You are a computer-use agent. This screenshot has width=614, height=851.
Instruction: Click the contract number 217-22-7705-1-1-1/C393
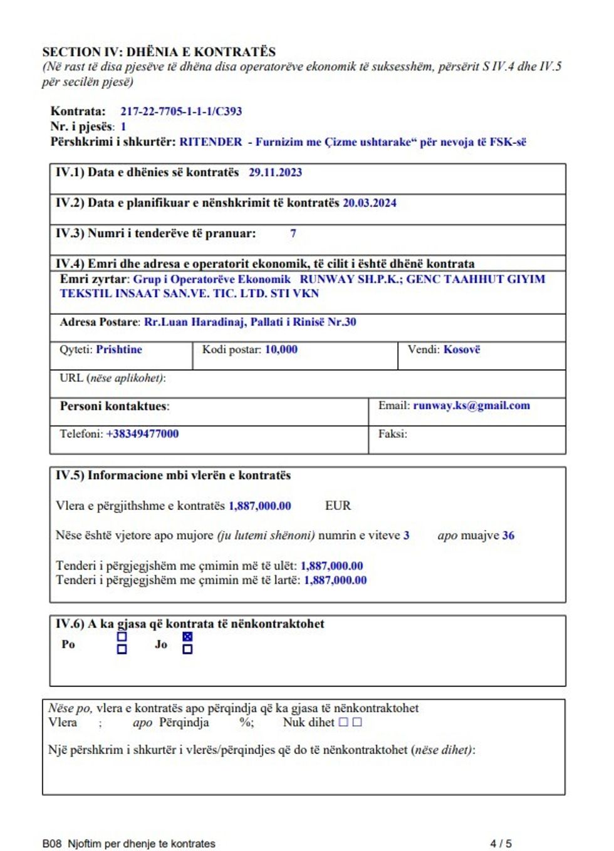[x=181, y=111]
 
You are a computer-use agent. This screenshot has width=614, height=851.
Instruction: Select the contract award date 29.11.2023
[x=275, y=173]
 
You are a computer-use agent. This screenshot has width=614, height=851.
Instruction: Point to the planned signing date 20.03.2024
[x=369, y=203]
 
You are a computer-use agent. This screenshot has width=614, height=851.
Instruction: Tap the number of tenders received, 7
[x=293, y=233]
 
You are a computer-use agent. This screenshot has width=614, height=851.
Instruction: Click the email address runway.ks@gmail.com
[x=471, y=405]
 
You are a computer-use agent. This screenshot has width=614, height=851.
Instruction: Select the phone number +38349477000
[x=142, y=434]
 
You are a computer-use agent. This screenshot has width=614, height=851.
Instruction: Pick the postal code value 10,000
[x=281, y=349]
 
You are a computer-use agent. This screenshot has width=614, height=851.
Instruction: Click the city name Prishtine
[x=119, y=349]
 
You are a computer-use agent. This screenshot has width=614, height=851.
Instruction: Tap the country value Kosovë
[x=462, y=349]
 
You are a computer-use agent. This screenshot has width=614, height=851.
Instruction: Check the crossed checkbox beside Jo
[x=187, y=637]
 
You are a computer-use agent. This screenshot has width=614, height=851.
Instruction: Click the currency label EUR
[x=338, y=506]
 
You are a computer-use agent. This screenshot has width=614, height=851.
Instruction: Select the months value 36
[x=508, y=536]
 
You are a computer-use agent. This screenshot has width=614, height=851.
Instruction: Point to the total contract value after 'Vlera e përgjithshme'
[x=259, y=506]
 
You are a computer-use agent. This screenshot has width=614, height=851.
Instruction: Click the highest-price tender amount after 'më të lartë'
[x=335, y=580]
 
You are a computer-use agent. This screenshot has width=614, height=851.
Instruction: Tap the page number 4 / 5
[x=501, y=843]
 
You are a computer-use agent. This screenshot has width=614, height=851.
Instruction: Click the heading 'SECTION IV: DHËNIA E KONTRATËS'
[x=159, y=52]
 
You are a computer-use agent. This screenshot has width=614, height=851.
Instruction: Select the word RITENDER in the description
[x=211, y=142]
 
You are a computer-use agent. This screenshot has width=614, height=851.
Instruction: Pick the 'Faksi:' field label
[x=392, y=434]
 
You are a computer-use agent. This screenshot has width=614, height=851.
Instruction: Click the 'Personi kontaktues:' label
[x=115, y=406]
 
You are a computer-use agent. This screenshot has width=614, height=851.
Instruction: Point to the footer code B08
[x=52, y=843]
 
